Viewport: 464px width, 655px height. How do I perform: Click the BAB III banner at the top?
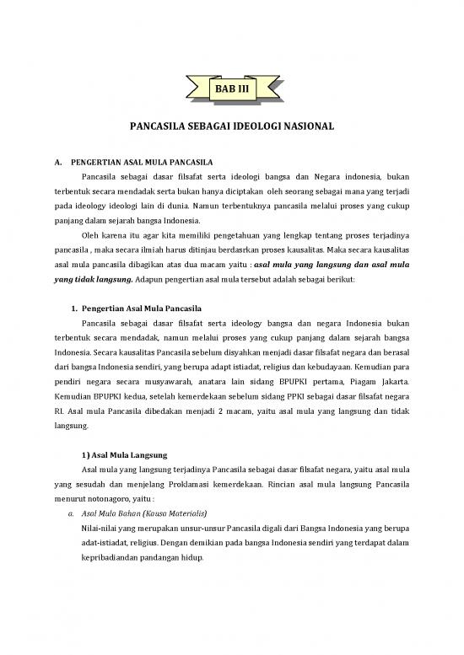(x=232, y=86)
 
